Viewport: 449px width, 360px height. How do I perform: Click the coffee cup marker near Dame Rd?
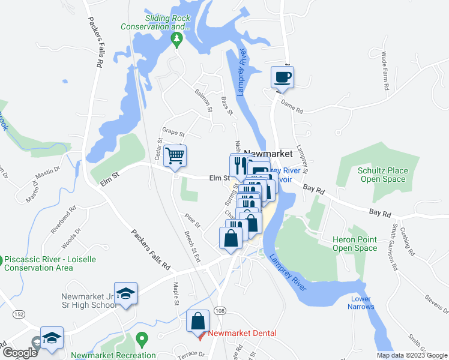282,77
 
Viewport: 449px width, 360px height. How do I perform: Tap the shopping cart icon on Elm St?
175,157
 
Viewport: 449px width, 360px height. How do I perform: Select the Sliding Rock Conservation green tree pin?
176,40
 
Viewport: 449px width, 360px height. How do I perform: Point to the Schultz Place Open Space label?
382,175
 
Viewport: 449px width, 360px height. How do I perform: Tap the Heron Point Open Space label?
355,244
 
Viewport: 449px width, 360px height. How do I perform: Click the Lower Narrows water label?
361,302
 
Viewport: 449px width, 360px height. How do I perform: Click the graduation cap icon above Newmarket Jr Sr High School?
126,293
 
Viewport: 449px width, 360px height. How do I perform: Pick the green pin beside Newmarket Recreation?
142,340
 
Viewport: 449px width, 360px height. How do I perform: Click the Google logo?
20,353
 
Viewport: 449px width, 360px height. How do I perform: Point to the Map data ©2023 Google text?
411,355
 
